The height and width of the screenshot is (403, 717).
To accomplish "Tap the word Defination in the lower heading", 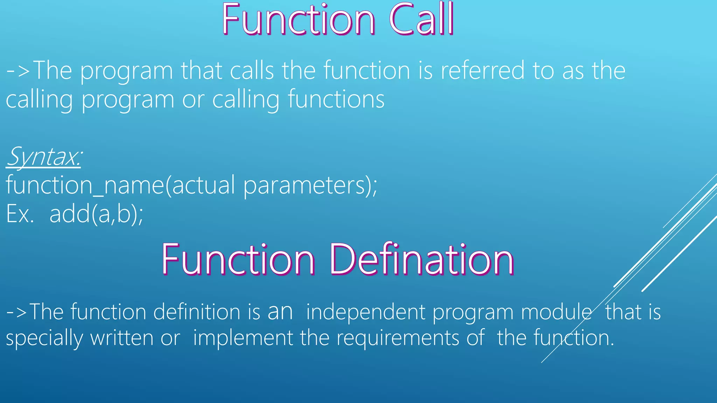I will tap(422, 260).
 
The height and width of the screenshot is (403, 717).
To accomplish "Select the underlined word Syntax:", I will tap(44, 157).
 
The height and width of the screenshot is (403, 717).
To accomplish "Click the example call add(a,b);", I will tap(96, 214).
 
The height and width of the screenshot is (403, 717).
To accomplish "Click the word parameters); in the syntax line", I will tap(310, 185).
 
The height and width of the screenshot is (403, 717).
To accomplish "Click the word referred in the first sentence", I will tap(482, 71).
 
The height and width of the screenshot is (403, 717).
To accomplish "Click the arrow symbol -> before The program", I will tap(18, 71).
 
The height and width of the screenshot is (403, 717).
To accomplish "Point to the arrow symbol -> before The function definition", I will tap(17, 312).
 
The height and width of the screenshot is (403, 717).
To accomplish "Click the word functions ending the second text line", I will tap(336, 99).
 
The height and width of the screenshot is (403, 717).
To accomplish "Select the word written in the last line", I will tap(121, 338).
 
